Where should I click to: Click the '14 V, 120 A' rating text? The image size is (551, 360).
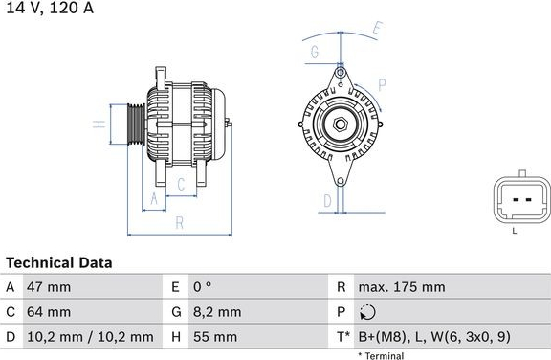tap(50, 8)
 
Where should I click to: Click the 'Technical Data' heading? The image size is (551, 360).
tap(59, 262)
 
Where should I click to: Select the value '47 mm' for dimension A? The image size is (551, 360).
tap(49, 287)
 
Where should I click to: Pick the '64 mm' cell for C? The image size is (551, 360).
tap(49, 312)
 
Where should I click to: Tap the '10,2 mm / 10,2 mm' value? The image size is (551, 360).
tap(90, 337)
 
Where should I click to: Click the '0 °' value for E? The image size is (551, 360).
tap(203, 287)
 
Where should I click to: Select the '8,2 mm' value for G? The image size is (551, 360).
tap(217, 312)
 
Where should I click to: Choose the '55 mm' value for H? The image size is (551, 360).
tap(215, 337)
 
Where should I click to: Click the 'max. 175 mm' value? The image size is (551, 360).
tap(402, 287)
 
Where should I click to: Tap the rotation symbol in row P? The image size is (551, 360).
tap(367, 312)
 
